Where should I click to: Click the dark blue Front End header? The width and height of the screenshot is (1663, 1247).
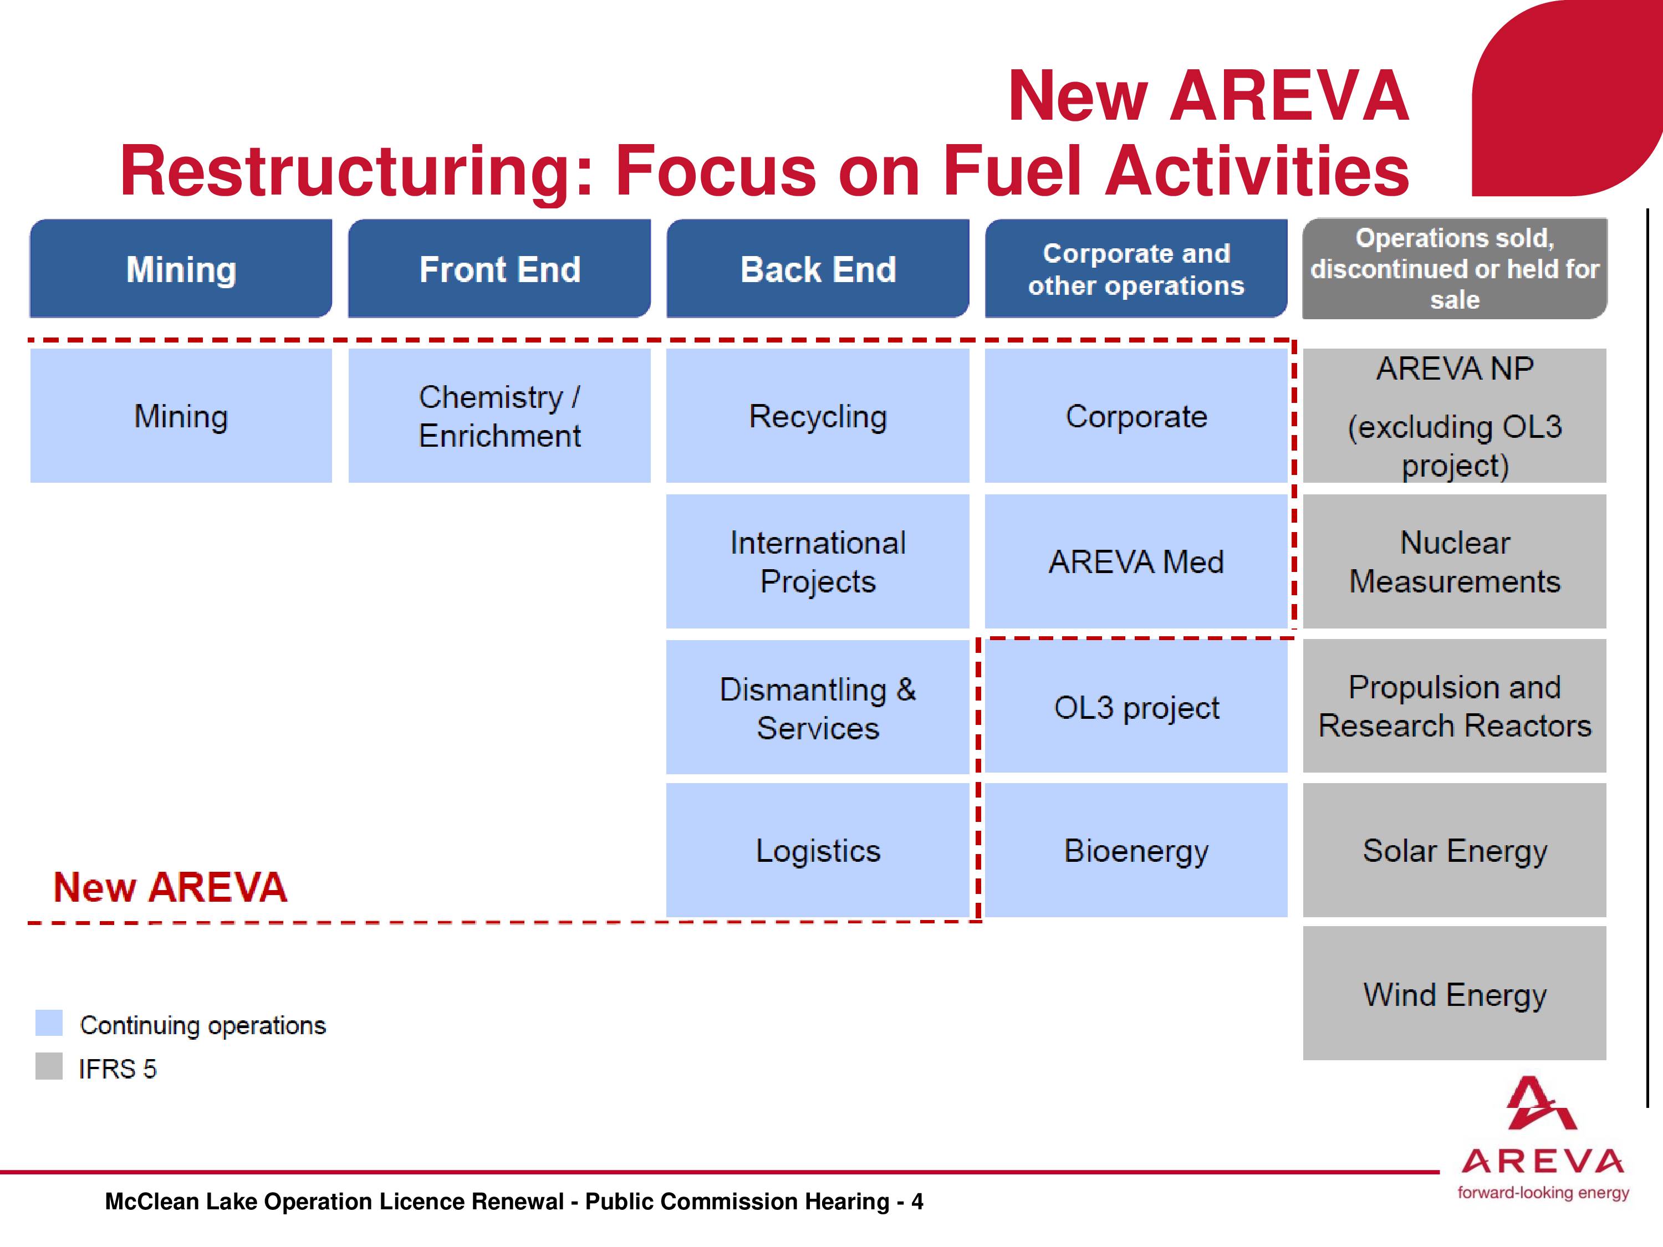[x=499, y=268]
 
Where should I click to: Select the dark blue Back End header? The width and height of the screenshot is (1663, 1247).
[x=818, y=268]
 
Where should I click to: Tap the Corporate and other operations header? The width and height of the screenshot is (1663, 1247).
[x=1136, y=268]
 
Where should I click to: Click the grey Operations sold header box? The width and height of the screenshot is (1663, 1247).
[x=1455, y=268]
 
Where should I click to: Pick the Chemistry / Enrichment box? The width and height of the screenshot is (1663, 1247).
[x=499, y=416]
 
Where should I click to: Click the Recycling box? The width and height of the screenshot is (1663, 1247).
[x=818, y=416]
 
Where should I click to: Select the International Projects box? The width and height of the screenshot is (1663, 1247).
[x=818, y=561]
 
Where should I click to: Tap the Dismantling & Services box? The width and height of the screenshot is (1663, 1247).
[x=818, y=707]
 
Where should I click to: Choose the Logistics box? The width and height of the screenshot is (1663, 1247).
[x=818, y=850]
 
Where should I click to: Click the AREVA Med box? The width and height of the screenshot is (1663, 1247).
[x=1136, y=561]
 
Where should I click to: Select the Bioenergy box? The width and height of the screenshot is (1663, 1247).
[x=1136, y=850]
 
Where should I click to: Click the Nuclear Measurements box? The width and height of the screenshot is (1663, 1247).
[x=1455, y=561]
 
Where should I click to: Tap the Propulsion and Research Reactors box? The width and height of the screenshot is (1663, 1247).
[x=1455, y=706]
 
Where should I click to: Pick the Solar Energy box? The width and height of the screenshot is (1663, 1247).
[x=1455, y=850]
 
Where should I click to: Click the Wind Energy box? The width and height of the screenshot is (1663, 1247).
[x=1455, y=993]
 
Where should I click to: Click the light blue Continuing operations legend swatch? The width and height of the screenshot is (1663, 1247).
[x=49, y=1023]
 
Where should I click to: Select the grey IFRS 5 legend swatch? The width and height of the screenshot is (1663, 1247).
[x=49, y=1066]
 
